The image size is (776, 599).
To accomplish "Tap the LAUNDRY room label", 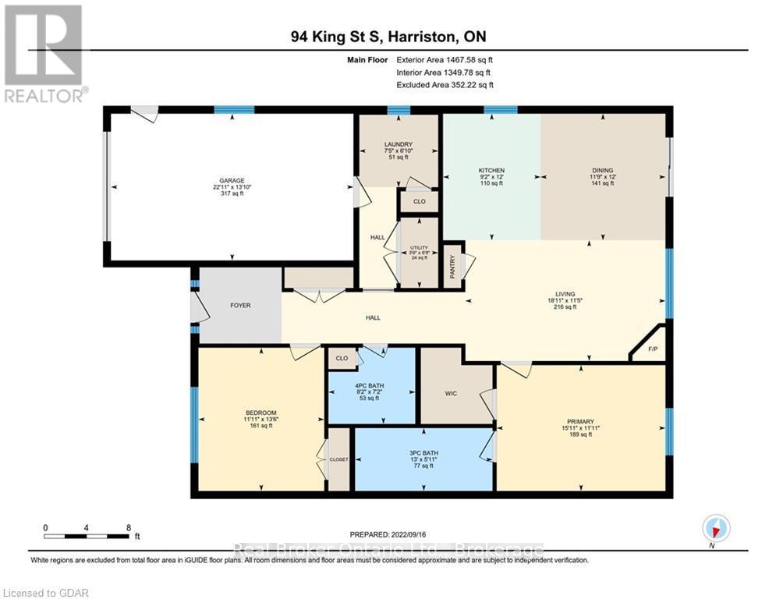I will [x=398, y=144].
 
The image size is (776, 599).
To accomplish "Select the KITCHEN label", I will [x=491, y=170].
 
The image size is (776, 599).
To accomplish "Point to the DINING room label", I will [x=602, y=170].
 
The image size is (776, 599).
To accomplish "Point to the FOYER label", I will [x=240, y=305].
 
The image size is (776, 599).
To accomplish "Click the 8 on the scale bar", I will [x=128, y=527].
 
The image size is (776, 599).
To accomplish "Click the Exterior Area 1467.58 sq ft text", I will [x=445, y=58].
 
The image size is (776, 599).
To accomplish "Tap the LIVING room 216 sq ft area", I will [x=565, y=307].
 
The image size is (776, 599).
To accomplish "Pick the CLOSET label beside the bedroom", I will [x=338, y=459].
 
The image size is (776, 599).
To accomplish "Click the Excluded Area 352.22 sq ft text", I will [x=445, y=85].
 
